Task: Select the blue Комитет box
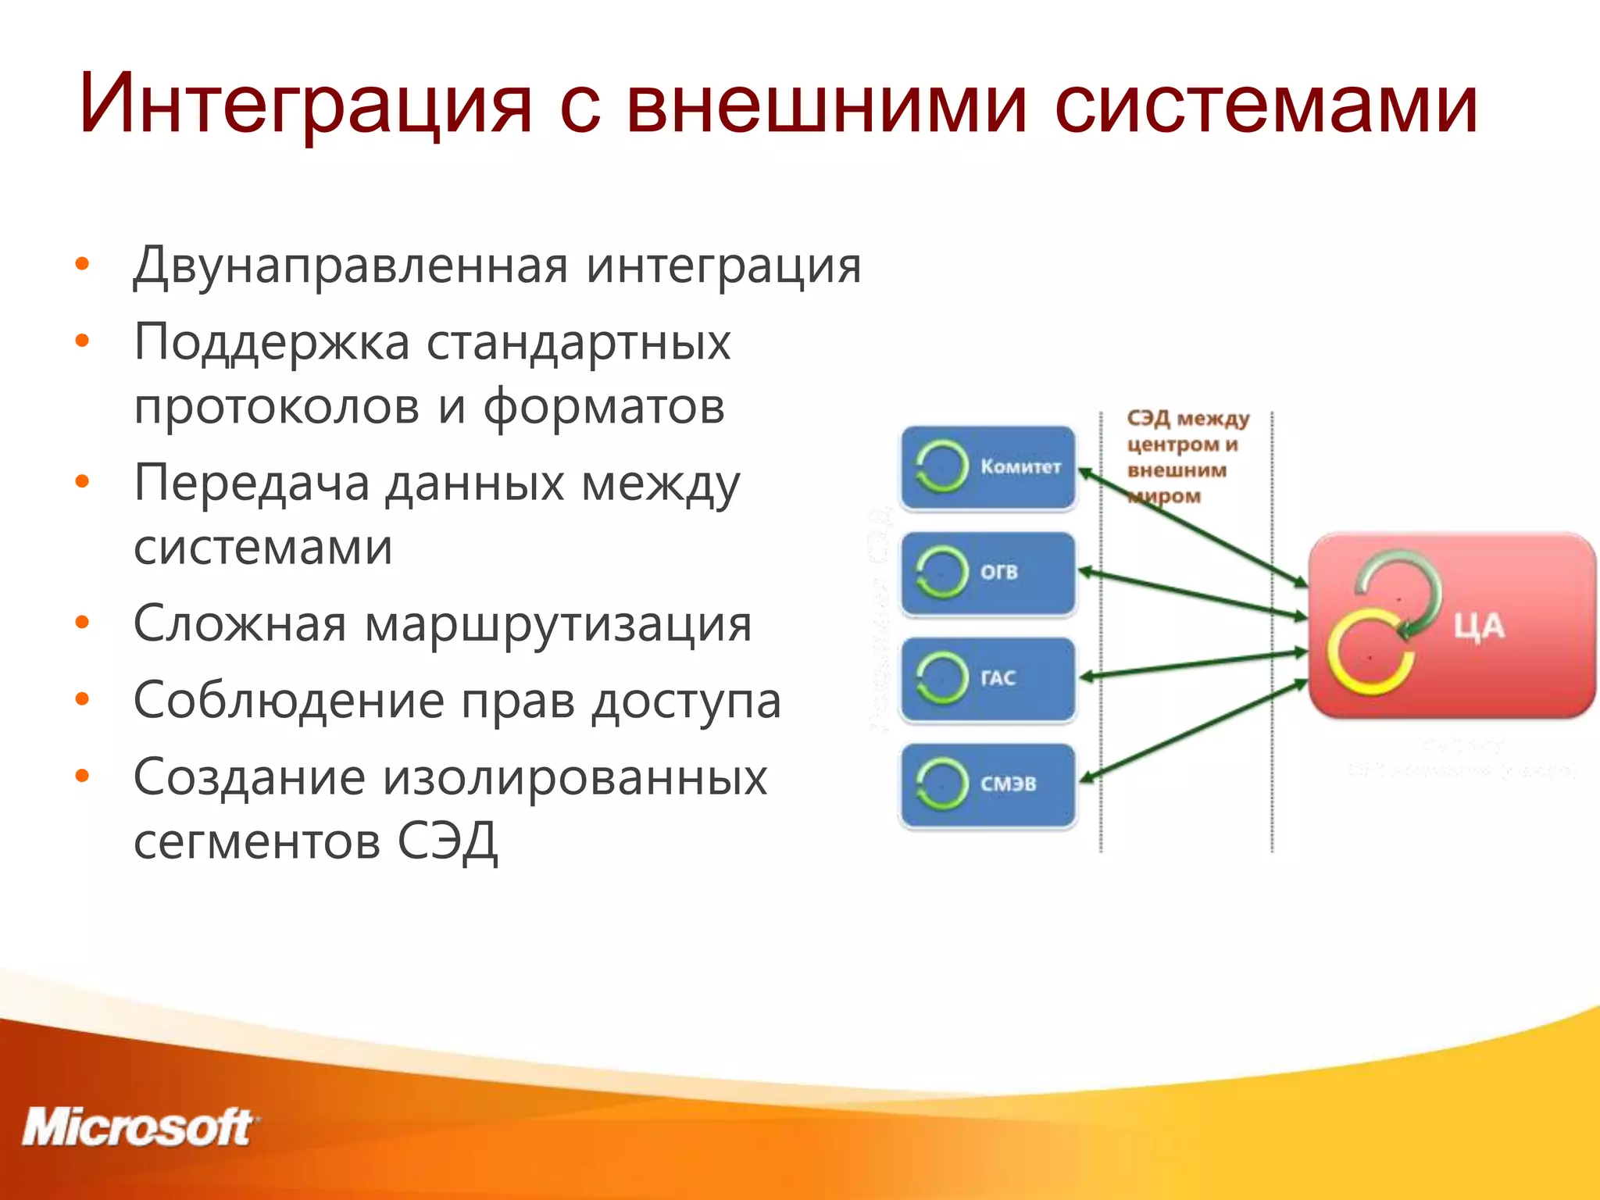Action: tap(988, 467)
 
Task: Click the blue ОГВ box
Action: tap(988, 573)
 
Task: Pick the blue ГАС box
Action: tap(988, 678)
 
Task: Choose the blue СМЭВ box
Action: tap(988, 784)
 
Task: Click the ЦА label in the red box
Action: tap(1478, 627)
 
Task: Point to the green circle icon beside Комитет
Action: tap(941, 467)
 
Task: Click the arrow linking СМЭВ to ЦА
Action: tap(1195, 730)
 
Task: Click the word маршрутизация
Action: tap(558, 624)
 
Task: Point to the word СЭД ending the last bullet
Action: tap(447, 841)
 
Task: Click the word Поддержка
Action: tap(272, 342)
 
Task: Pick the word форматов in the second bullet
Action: tap(603, 407)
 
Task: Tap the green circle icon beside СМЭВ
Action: tap(941, 784)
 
